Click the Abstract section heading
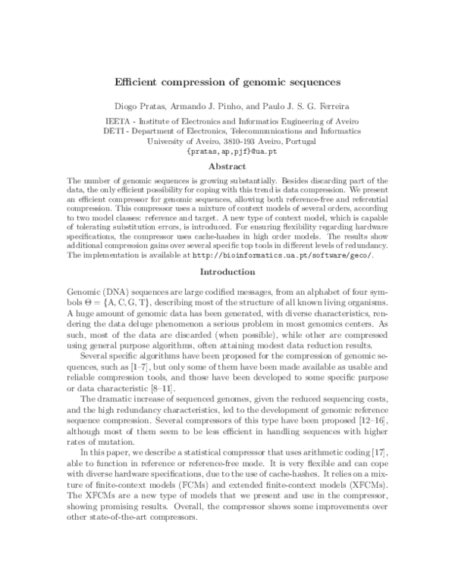click(x=227, y=166)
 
